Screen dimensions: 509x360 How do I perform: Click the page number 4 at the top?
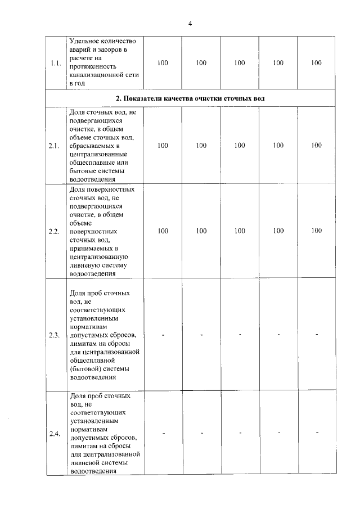[190, 24]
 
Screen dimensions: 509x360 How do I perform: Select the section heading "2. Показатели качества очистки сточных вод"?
[190, 98]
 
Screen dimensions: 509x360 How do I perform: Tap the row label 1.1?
[55, 63]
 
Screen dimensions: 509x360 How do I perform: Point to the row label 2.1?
[55, 146]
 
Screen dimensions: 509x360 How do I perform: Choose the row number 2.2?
[55, 231]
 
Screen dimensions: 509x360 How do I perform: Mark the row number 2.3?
[55, 335]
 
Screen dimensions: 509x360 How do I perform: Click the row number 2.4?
[55, 433]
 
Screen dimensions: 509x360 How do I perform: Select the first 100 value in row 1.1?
[163, 63]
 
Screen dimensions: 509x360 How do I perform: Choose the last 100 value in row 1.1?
[316, 63]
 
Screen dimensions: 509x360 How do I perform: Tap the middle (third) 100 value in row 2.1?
[240, 146]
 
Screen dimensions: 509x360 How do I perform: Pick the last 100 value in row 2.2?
[316, 231]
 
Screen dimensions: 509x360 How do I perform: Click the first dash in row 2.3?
[163, 335]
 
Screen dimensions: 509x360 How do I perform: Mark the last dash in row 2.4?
[317, 433]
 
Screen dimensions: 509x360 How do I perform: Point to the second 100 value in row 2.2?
[201, 231]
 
